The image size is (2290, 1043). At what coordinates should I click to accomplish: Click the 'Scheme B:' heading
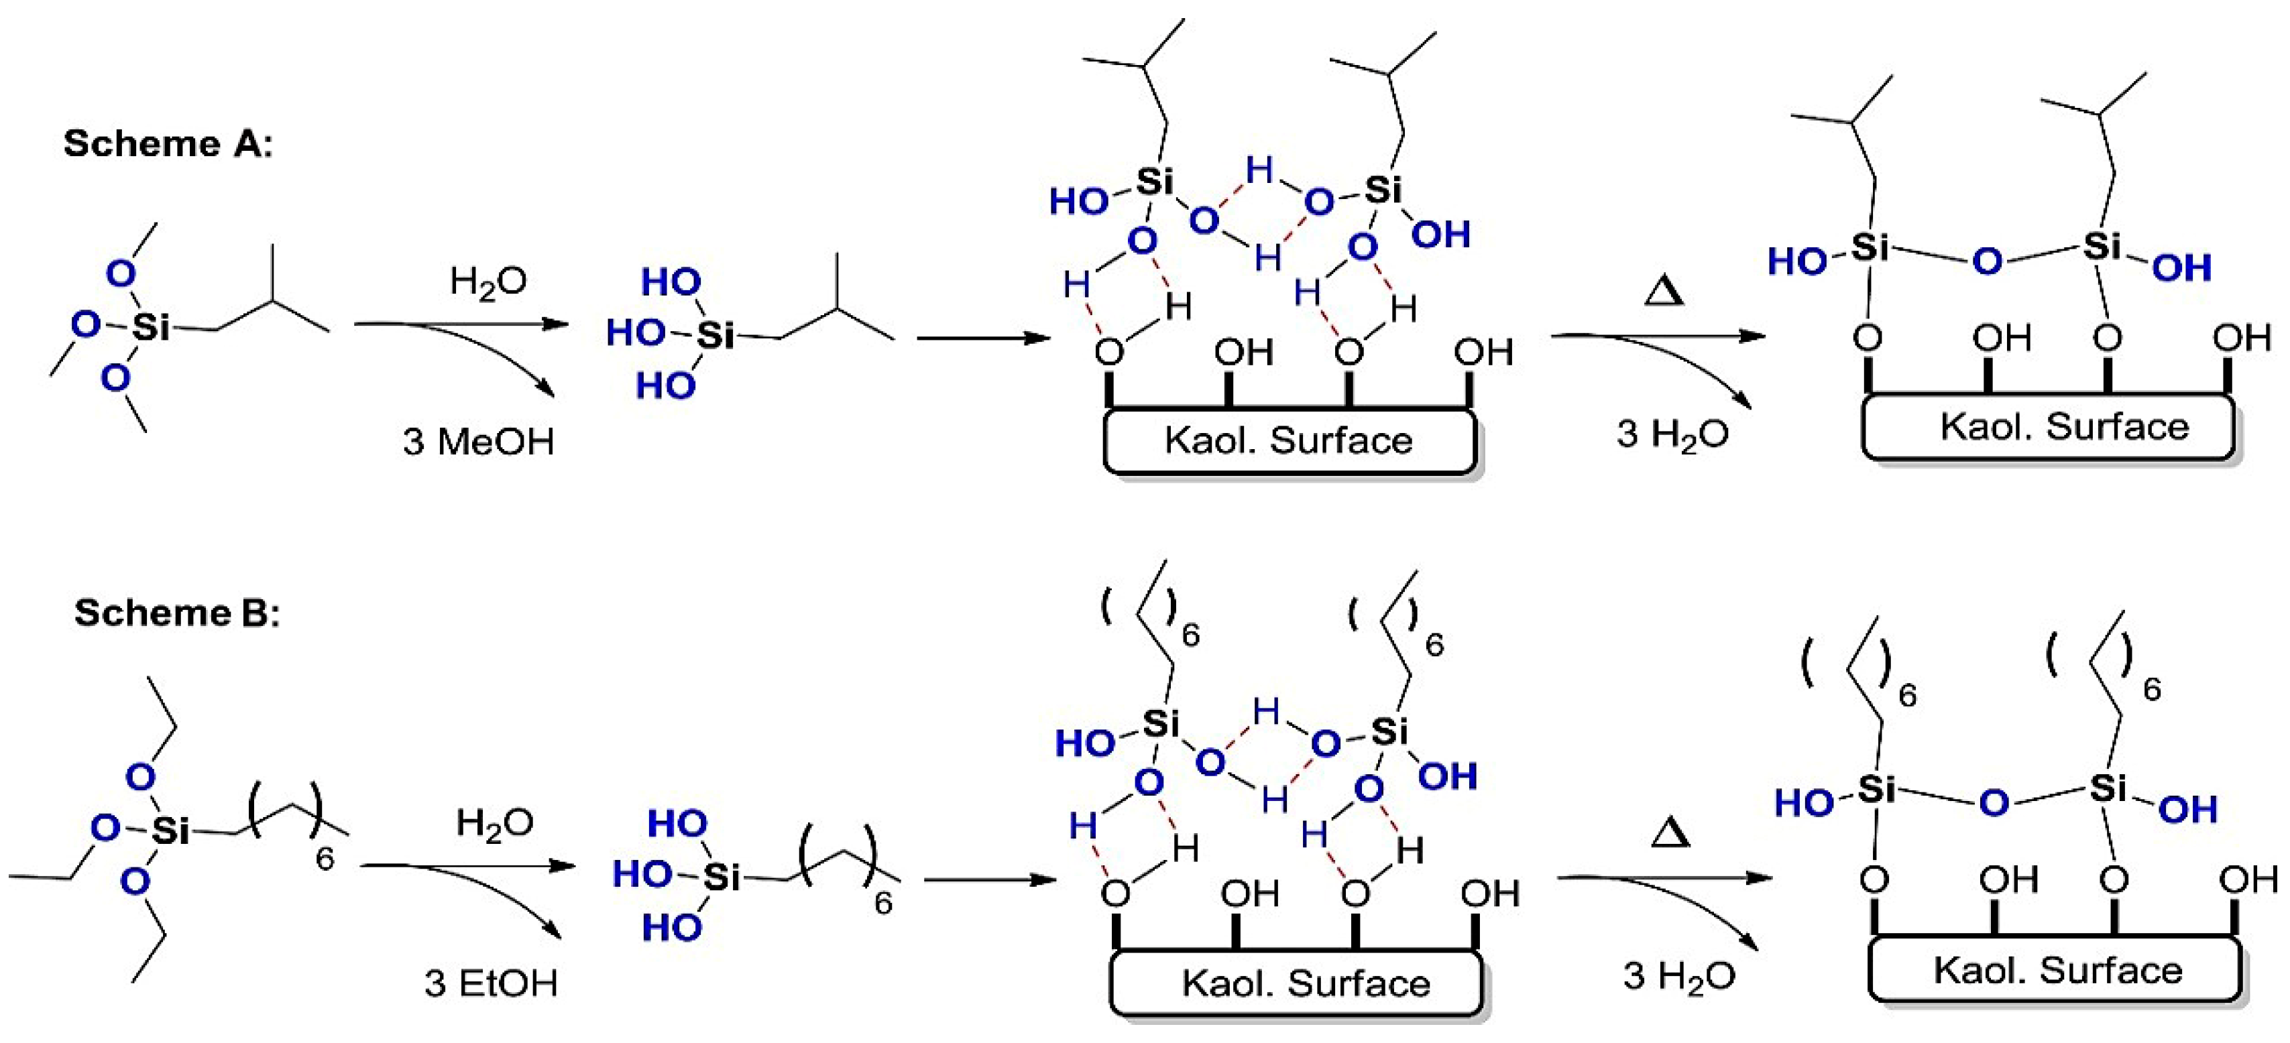177,612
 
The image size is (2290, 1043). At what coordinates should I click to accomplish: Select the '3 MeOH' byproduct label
478,440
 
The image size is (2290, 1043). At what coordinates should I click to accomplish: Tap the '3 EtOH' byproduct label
491,983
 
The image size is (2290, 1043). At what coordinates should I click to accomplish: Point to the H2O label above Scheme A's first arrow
488,282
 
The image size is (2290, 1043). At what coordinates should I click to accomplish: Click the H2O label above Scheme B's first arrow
494,822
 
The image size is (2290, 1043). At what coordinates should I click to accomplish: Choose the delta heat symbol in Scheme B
1670,833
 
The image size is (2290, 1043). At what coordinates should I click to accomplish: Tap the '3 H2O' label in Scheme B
1678,975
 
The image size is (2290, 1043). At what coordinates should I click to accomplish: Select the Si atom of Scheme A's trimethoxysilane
150,327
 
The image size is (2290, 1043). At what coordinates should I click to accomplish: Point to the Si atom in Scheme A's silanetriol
715,335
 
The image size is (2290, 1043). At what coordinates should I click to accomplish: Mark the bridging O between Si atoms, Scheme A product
1987,261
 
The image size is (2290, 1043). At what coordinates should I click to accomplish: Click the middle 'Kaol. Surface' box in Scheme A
1289,440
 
